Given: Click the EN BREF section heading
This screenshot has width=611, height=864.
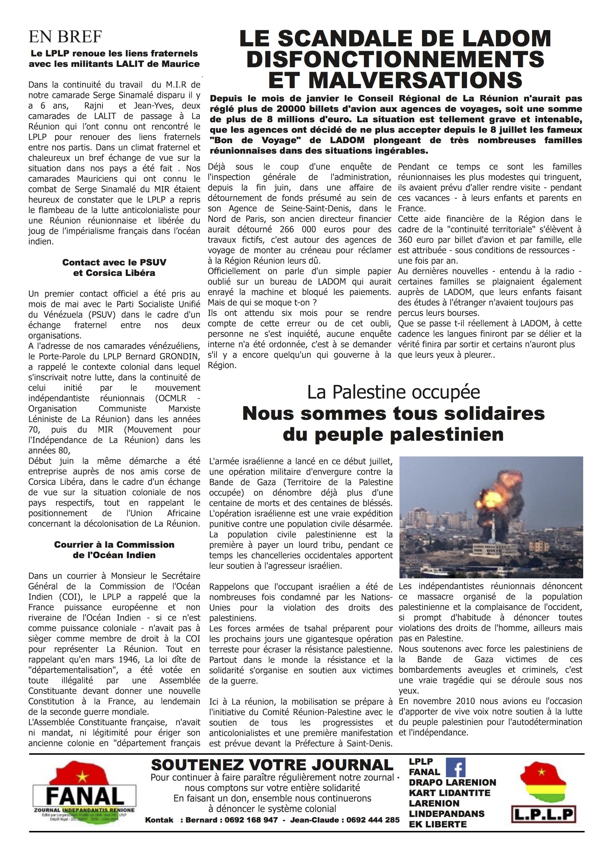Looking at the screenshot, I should click(65, 37).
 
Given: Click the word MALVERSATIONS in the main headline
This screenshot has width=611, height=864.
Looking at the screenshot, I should click(395, 80).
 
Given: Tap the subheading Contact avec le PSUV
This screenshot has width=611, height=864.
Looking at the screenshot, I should click(114, 262).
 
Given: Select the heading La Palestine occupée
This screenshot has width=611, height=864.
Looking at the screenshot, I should click(394, 392).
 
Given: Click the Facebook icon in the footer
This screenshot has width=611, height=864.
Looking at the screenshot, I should click(456, 767).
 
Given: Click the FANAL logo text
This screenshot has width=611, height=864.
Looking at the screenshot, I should click(85, 796).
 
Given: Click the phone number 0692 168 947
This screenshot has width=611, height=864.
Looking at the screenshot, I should click(251, 820).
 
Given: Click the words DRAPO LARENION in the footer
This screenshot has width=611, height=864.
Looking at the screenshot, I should click(452, 782).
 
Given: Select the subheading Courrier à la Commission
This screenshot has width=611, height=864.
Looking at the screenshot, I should click(114, 545).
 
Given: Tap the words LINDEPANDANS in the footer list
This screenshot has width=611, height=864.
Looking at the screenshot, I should click(447, 813).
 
